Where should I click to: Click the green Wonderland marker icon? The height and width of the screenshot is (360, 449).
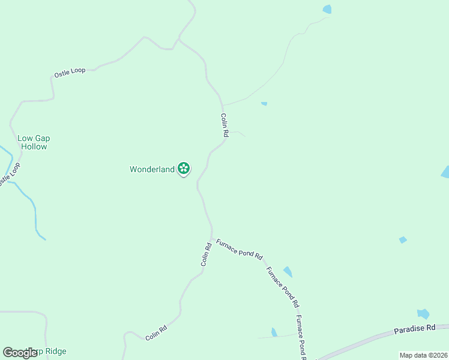(184, 169)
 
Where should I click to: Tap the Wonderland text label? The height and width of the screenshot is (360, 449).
(152, 169)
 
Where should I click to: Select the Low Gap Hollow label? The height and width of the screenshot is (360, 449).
(33, 142)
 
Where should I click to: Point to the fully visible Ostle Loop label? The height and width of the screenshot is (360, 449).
(70, 72)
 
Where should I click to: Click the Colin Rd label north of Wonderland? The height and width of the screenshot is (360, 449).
(224, 126)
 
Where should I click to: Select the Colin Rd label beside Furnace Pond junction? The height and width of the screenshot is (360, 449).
(206, 254)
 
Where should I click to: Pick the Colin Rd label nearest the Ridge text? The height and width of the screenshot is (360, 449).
(156, 333)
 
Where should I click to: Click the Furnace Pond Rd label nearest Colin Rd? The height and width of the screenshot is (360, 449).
(239, 248)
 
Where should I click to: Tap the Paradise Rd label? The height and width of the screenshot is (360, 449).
(414, 329)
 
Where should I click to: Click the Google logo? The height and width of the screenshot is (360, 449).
(20, 353)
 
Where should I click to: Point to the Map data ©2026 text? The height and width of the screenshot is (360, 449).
(423, 355)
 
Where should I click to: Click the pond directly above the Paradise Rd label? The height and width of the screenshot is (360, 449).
(423, 314)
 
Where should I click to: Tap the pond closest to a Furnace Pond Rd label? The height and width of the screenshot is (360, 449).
(288, 271)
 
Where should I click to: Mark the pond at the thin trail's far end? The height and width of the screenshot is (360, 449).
(327, 9)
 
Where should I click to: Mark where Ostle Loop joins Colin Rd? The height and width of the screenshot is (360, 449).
(178, 41)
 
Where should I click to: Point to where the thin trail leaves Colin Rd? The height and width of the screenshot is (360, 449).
(223, 105)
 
